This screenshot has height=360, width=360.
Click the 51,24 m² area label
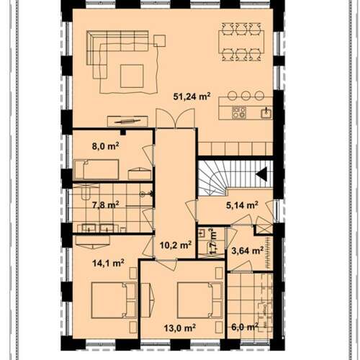tap(192, 96)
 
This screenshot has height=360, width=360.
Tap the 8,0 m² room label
tap(106, 145)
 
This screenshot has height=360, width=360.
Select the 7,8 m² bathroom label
tap(106, 205)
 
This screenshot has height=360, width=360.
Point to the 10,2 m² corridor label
tap(176, 245)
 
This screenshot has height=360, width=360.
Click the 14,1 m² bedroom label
tap(108, 263)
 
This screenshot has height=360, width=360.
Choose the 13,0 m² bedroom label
tap(180, 328)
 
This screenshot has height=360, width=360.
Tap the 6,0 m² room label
tap(245, 327)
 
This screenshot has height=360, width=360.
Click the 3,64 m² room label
tap(248, 251)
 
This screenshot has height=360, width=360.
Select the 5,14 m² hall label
tap(242, 205)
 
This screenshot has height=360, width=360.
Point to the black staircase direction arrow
tap(261, 174)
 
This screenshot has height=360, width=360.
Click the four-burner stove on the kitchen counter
tap(239, 112)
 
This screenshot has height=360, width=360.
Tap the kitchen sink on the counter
tap(266, 113)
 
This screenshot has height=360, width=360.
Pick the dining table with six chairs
tap(241, 42)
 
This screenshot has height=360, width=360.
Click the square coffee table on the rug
tap(132, 76)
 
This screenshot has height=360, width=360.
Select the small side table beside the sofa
tap(160, 40)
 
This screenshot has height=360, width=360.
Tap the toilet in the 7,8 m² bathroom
tap(85, 193)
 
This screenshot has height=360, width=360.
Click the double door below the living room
tap(175, 118)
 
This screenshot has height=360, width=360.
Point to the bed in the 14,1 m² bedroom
tap(114, 300)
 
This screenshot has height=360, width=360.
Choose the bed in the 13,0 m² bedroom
tap(200, 300)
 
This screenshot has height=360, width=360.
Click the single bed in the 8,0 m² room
tap(96, 169)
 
